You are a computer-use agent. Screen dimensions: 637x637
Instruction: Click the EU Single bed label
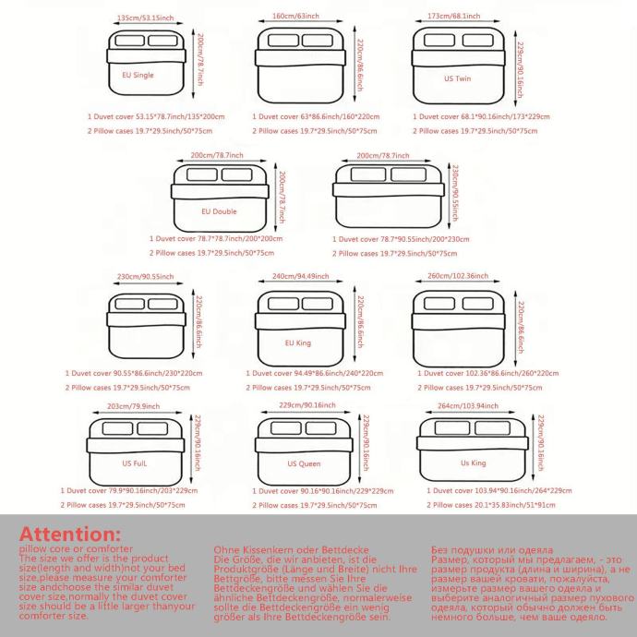138,75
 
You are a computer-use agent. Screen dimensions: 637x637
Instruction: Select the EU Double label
219,211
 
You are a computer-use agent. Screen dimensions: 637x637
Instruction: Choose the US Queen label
304,463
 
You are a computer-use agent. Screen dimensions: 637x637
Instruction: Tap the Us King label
473,462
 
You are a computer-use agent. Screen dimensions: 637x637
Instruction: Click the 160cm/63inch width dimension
296,18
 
